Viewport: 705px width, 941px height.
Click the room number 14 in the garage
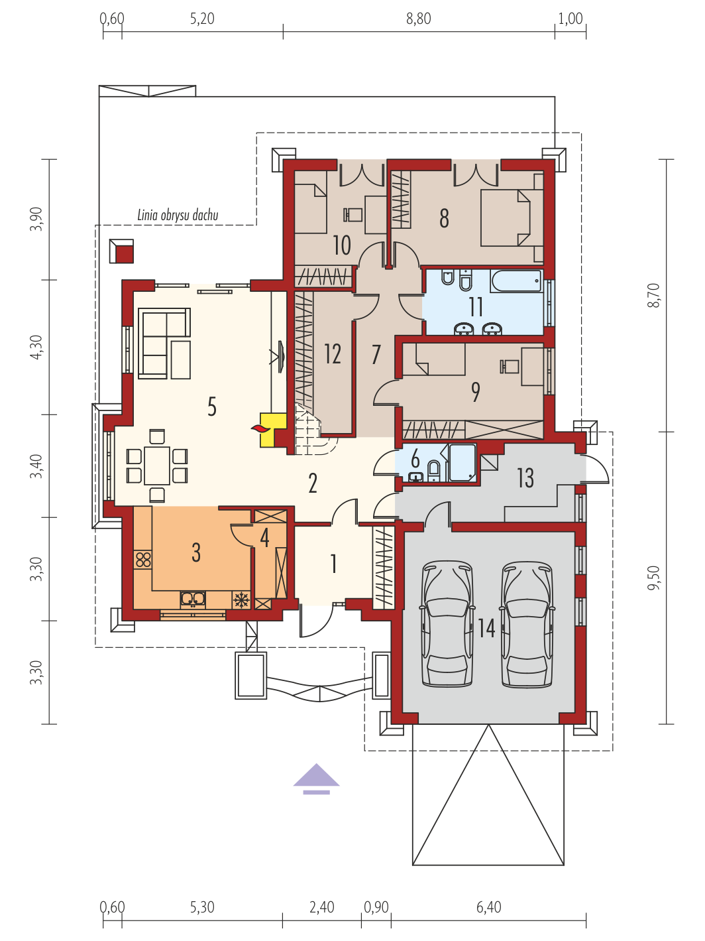pyautogui.click(x=486, y=629)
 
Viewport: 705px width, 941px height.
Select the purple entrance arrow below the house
pyautogui.click(x=317, y=779)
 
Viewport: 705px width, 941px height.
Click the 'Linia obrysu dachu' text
pyautogui.click(x=178, y=216)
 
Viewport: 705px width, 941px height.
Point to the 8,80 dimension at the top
pyautogui.click(x=419, y=19)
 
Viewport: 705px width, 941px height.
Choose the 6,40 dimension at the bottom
pyautogui.click(x=488, y=907)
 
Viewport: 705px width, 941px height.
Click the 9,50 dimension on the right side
pyautogui.click(x=653, y=578)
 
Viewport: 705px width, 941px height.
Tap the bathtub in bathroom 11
pyautogui.click(x=517, y=281)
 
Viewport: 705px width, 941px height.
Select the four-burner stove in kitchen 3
pyautogui.click(x=143, y=560)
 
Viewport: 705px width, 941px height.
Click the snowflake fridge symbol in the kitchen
pyautogui.click(x=241, y=599)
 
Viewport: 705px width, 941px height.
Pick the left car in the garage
pyautogui.click(x=448, y=625)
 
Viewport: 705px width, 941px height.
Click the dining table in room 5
pyautogui.click(x=157, y=465)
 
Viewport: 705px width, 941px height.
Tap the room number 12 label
pyautogui.click(x=333, y=353)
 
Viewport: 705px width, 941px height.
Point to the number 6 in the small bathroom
pyautogui.click(x=415, y=459)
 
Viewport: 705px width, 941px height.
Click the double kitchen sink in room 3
pyautogui.click(x=193, y=599)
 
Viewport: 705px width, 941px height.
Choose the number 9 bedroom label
pyautogui.click(x=476, y=391)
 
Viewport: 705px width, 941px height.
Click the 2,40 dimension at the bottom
pyautogui.click(x=321, y=907)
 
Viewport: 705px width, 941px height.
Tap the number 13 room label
pyautogui.click(x=525, y=477)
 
